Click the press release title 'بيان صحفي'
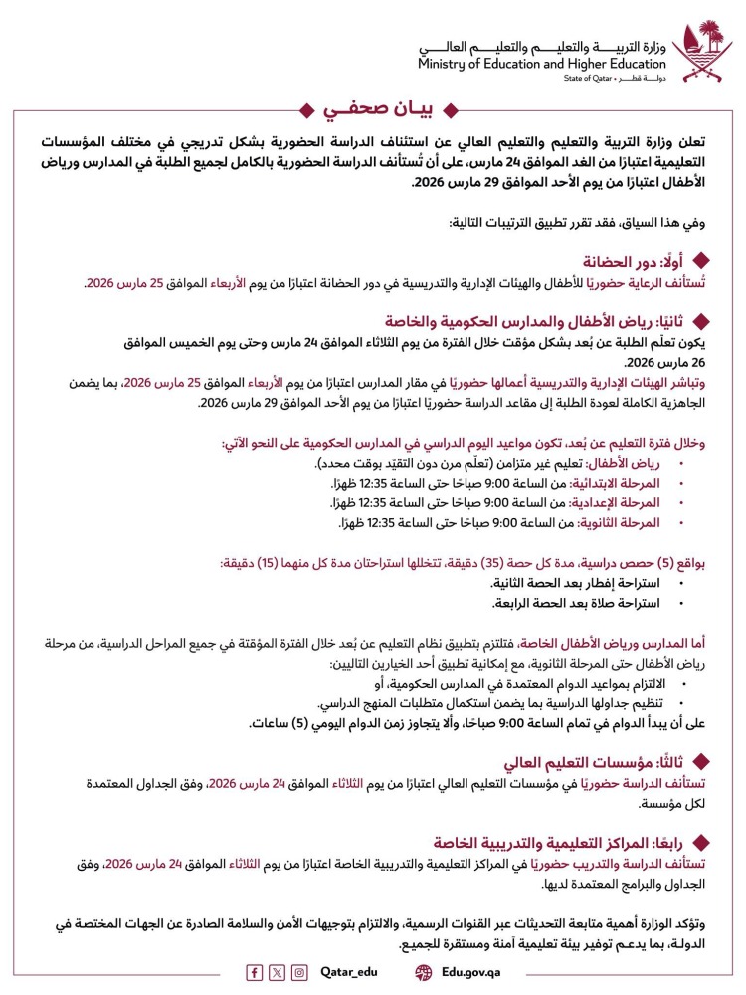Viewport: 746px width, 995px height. [x=373, y=108]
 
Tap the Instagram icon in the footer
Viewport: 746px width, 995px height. [x=299, y=972]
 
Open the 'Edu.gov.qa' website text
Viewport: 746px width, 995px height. [x=474, y=972]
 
